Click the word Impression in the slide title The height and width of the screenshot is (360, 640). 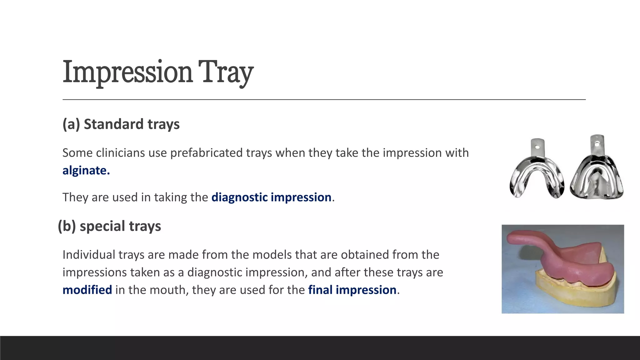tap(127, 72)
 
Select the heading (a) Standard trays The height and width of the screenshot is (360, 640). tap(121, 124)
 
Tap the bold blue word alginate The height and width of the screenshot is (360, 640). tap(86, 171)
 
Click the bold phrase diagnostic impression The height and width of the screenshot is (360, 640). tap(271, 197)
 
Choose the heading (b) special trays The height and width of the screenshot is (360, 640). tap(109, 226)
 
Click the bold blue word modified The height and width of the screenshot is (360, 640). tap(87, 290)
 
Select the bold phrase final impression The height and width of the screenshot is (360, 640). tap(352, 290)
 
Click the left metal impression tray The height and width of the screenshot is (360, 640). tap(536, 175)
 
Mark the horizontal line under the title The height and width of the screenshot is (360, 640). tap(324, 100)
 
